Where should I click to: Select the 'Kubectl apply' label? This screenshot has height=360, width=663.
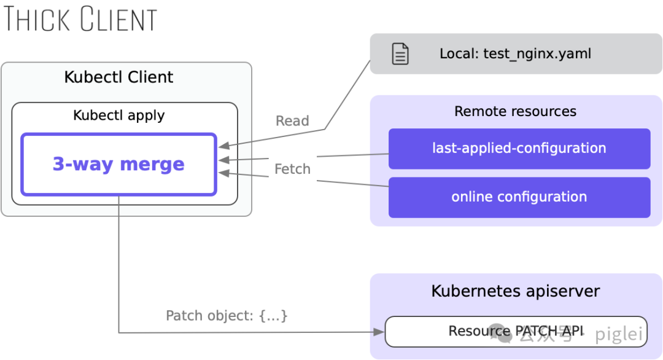pyautogui.click(x=119, y=115)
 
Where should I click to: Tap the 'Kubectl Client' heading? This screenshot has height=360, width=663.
pyautogui.click(x=119, y=77)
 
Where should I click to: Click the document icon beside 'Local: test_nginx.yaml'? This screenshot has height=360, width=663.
pyautogui.click(x=400, y=53)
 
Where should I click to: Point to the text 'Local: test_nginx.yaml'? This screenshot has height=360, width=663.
pyautogui.click(x=516, y=53)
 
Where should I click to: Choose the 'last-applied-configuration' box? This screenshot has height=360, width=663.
pyautogui.click(x=519, y=149)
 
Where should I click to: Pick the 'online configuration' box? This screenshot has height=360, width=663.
pyautogui.click(x=519, y=197)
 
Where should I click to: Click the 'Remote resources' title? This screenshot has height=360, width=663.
pyautogui.click(x=516, y=111)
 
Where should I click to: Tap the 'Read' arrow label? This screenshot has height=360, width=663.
pyautogui.click(x=292, y=121)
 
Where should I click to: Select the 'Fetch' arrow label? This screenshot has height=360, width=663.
pyautogui.click(x=292, y=169)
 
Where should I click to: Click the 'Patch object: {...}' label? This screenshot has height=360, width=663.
pyautogui.click(x=227, y=316)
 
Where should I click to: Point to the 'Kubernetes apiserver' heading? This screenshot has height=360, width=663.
pyautogui.click(x=516, y=291)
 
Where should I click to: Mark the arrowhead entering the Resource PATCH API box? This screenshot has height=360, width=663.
pyautogui.click(x=379, y=332)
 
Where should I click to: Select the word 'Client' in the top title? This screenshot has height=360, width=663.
pyautogui.click(x=119, y=19)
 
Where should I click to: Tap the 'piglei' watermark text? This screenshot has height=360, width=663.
pyautogui.click(x=619, y=334)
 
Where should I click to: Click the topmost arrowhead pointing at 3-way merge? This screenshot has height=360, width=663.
pyautogui.click(x=224, y=146)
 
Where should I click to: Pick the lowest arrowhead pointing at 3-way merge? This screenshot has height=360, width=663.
pyautogui.click(x=224, y=173)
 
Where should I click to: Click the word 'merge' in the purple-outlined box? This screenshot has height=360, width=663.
pyautogui.click(x=152, y=165)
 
